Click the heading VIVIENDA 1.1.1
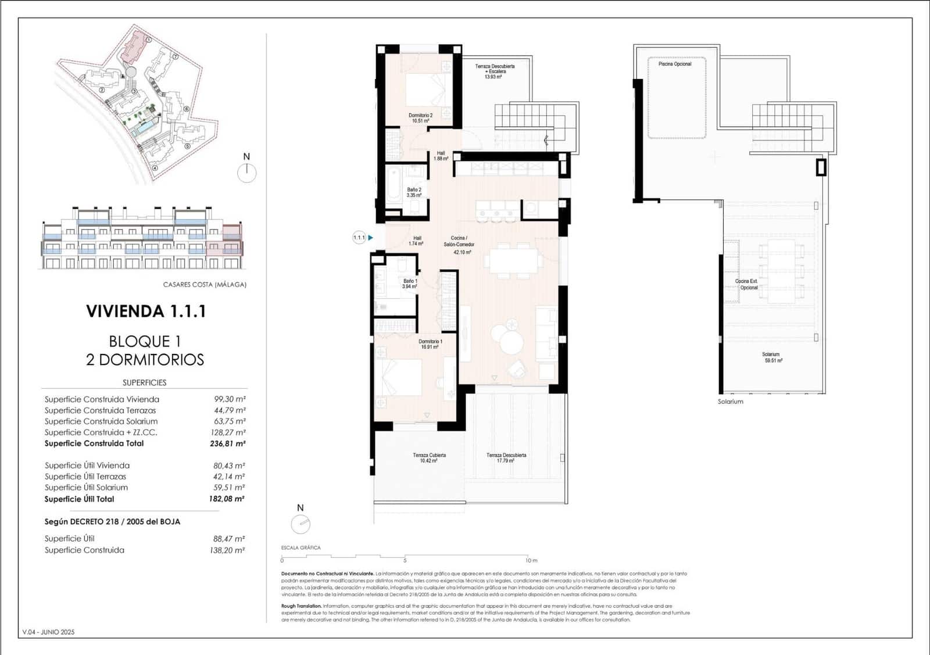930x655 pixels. [146, 312]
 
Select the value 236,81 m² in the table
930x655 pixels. [227, 443]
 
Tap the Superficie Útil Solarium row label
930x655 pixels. [86, 488]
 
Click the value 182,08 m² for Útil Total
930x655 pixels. [227, 499]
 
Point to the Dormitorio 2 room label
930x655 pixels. [420, 118]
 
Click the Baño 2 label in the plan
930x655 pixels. [414, 192]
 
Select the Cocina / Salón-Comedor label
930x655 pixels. [459, 245]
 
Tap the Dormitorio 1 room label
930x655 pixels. [430, 344]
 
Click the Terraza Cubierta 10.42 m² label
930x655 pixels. [429, 458]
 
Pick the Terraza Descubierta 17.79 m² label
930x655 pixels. [506, 458]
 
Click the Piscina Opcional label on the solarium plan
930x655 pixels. [675, 64]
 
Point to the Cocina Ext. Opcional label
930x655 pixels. [747, 284]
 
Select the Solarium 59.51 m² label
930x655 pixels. [771, 357]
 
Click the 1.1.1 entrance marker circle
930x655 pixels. [359, 237]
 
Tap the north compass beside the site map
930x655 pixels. [247, 172]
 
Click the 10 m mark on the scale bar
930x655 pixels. [531, 560]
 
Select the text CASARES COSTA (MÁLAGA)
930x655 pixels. [205, 285]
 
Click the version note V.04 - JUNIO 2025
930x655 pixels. [49, 632]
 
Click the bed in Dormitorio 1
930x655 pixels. [399, 377]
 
